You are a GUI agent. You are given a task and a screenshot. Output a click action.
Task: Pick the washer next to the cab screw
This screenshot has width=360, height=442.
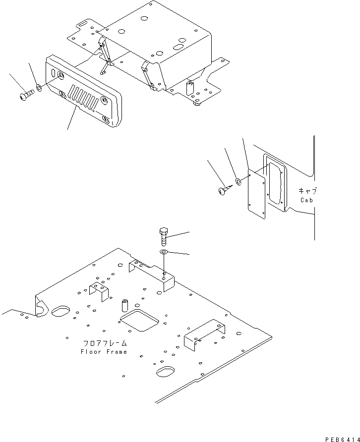pyautogui.click(x=238, y=181)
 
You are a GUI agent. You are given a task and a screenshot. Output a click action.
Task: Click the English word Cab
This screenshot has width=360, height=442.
pyautogui.click(x=307, y=200)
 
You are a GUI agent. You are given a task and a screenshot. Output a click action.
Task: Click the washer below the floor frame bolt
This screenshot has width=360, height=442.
pyautogui.click(x=164, y=253)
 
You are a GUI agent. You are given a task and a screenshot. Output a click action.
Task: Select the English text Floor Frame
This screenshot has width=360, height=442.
pyautogui.click(x=104, y=352)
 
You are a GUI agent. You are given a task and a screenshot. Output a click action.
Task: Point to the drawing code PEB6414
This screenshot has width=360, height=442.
pyautogui.click(x=342, y=439)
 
